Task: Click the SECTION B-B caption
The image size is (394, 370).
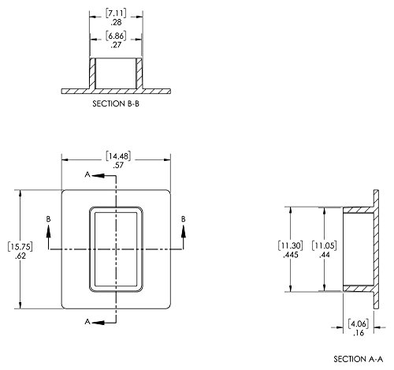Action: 116,103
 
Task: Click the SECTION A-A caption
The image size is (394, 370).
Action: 359,359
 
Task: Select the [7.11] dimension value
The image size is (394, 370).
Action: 116,13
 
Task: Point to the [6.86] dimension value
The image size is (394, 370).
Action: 116,36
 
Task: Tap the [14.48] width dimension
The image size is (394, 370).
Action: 118,156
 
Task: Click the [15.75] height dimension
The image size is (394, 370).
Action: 20,247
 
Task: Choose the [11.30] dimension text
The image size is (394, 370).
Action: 290,245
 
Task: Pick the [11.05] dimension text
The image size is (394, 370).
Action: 324,245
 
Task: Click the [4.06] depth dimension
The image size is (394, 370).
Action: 359,323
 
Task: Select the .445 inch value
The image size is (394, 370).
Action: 291,255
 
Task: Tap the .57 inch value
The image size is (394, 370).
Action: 118,166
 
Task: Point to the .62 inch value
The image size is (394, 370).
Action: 20,256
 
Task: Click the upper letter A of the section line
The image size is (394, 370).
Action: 87,174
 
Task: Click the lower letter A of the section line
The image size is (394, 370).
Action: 87,321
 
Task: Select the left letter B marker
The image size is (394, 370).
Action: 48,219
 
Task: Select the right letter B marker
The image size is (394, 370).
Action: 184,219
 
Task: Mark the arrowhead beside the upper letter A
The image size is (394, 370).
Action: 98,176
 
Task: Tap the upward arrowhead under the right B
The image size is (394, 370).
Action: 184,232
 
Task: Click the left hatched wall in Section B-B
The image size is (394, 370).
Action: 92,73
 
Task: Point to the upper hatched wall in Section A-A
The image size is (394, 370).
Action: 359,210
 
